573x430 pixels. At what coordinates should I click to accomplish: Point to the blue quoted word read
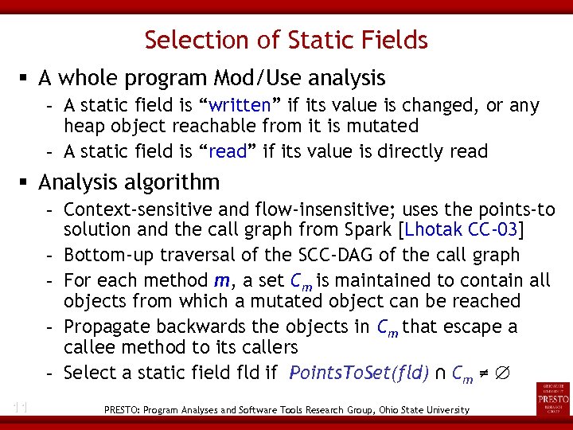point(228,152)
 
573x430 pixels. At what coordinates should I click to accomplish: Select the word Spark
point(371,231)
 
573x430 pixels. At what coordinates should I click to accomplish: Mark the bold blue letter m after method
point(221,280)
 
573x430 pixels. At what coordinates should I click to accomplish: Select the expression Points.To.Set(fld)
point(354,372)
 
